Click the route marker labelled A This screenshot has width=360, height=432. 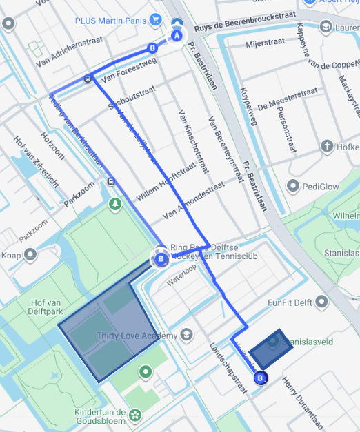tap(177, 35)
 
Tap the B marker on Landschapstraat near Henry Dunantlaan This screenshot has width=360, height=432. tap(260, 378)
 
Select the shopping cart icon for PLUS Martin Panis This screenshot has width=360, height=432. tap(157, 20)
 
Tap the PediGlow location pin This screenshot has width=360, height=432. tap(294, 186)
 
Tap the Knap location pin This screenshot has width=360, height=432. tap(30, 255)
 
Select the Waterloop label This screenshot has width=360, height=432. tap(181, 280)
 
